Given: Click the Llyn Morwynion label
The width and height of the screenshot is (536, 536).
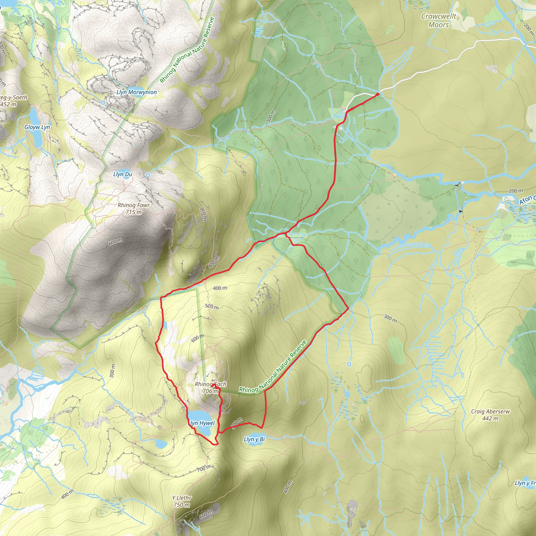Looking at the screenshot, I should (137, 92).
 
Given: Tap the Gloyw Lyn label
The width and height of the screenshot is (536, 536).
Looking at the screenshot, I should (37, 127).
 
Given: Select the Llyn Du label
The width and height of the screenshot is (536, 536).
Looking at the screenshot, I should (123, 174).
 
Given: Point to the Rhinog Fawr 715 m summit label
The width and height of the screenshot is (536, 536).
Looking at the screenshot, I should (134, 208).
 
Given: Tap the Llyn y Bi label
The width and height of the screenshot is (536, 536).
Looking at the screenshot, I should (254, 439).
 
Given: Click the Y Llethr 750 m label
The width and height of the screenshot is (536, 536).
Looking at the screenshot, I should (182, 501).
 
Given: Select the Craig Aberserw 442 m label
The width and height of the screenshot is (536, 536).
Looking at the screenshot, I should (490, 415).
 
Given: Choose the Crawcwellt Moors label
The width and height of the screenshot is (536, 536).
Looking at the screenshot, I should (438, 20).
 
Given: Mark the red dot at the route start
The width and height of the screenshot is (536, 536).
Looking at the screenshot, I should (378, 94).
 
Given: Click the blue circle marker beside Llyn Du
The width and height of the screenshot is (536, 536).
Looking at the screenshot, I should (148, 175).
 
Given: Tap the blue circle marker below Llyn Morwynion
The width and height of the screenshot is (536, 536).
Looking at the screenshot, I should (103, 103).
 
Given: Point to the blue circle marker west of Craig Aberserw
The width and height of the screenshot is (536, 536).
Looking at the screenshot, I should (349, 364).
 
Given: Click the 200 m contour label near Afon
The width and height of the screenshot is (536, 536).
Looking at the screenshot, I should (516, 191).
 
